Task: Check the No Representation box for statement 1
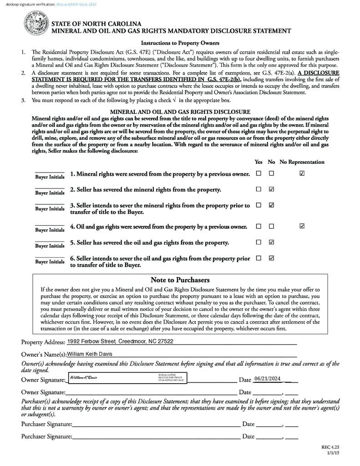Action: (302, 173)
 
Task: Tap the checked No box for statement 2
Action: (272, 189)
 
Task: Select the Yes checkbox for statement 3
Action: (259, 205)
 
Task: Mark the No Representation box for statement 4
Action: (302, 226)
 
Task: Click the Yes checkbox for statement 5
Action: (259, 242)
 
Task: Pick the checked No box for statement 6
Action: (272, 258)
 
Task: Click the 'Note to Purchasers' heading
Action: (180, 280)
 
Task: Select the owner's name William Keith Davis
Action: (90, 354)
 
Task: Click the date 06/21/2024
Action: (268, 379)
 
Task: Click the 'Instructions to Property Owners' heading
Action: (180, 43)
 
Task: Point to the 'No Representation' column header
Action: (302, 162)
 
